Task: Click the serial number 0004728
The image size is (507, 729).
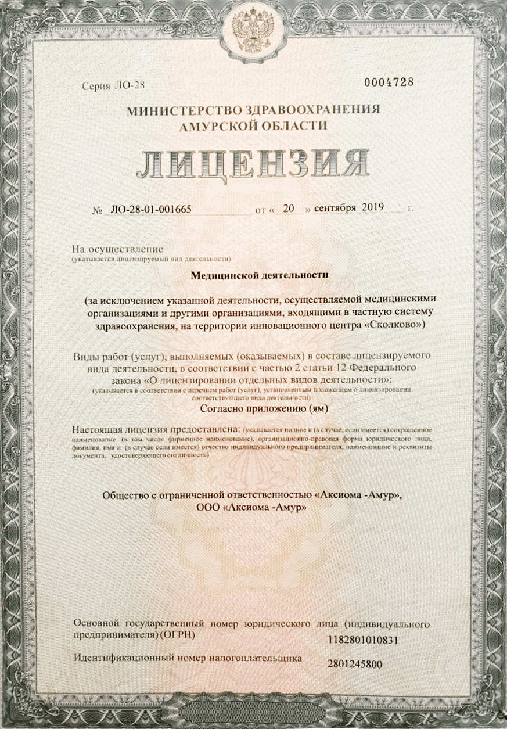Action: tap(389, 82)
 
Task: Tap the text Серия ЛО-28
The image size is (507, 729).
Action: tap(113, 86)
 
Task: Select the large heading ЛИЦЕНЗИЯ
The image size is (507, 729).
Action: tap(253, 164)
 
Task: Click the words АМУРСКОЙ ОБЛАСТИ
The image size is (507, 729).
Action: tap(253, 125)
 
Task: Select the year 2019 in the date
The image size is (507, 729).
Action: tap(373, 207)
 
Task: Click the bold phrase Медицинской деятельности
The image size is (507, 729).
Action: tap(260, 275)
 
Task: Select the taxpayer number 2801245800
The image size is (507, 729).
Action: tap(355, 664)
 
